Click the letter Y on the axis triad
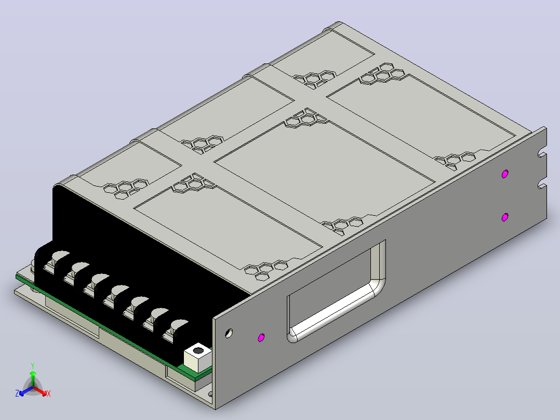click(33, 365)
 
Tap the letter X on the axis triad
click(49, 393)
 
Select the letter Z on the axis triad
click(17, 393)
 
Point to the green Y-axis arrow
click(33, 379)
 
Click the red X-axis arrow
click(40, 391)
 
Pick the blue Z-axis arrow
click(26, 391)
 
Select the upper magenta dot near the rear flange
click(504, 174)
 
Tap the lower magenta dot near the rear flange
click(504, 217)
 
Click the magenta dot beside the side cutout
click(261, 337)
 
